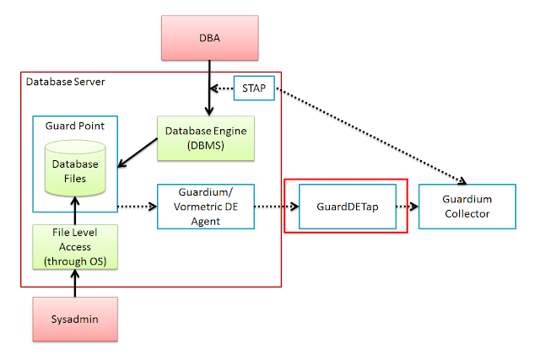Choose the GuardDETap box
click(x=348, y=205)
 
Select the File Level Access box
click(x=76, y=247)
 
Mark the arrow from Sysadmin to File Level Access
click(x=76, y=285)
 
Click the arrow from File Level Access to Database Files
click(x=76, y=211)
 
